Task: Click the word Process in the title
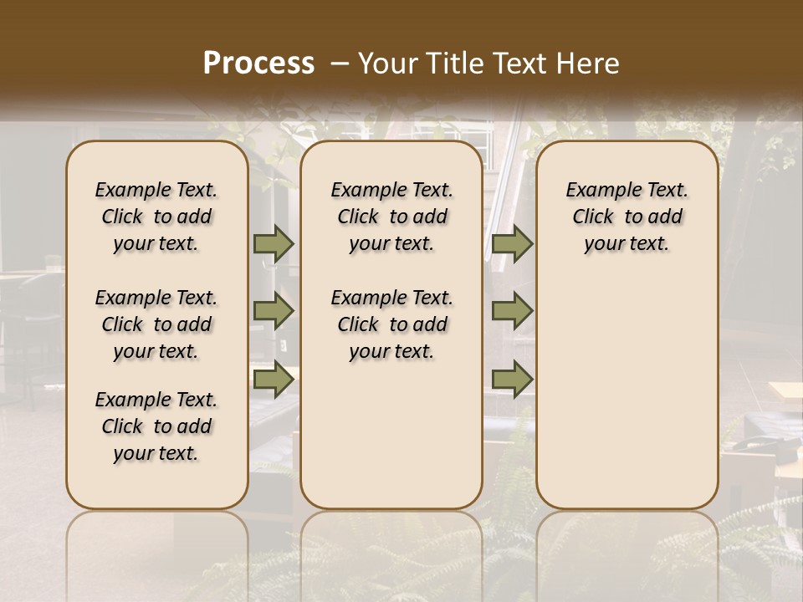[x=258, y=64]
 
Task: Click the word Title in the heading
[x=446, y=64]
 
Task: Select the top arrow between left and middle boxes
[x=274, y=244]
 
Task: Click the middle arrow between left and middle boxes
[x=274, y=312]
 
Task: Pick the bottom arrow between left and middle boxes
[x=274, y=380]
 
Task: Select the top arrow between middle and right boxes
[x=512, y=244]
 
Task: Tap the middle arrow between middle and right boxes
[x=512, y=312]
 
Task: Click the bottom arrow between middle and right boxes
[x=512, y=380]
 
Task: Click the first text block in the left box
[x=156, y=217]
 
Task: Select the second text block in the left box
[x=156, y=324]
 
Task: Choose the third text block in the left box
[x=156, y=426]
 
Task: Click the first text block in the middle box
[x=391, y=217]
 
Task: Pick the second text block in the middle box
[x=391, y=324]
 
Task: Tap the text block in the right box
[x=627, y=217]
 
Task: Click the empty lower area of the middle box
[x=391, y=435]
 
